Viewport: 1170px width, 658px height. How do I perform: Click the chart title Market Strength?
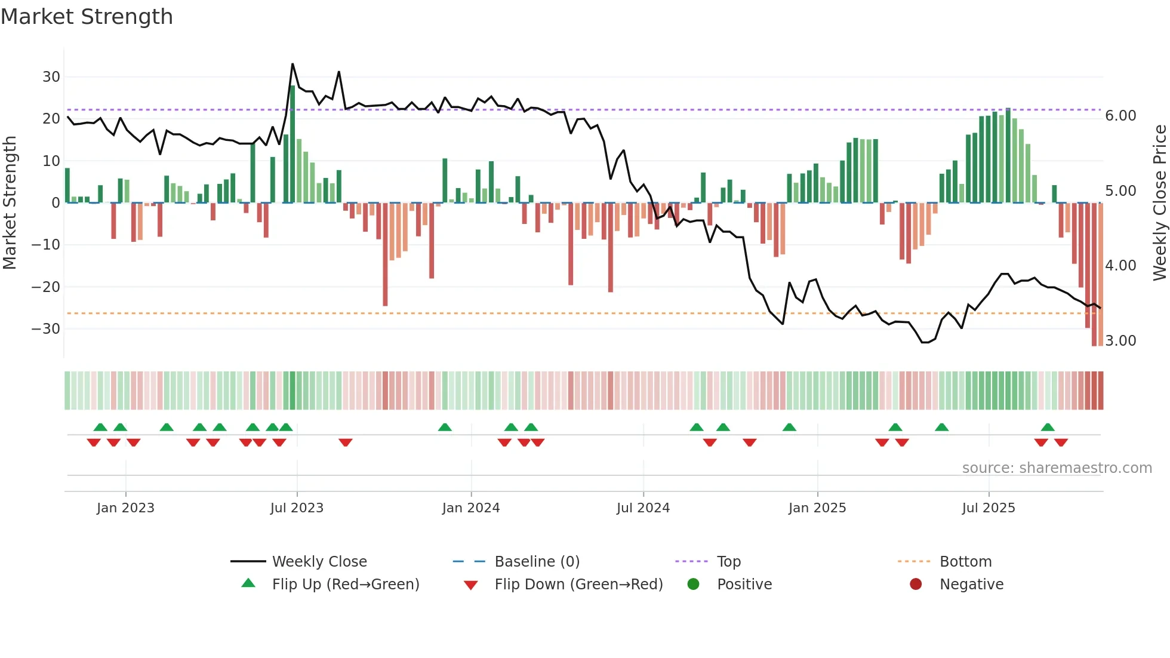(x=87, y=17)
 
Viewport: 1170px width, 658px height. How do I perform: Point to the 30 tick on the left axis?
(x=51, y=77)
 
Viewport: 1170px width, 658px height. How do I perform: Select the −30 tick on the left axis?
(x=46, y=329)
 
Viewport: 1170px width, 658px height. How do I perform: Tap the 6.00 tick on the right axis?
(x=1120, y=116)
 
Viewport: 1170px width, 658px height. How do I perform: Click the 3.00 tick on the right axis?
(x=1120, y=341)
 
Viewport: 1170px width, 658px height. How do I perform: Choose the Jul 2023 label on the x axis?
(x=297, y=508)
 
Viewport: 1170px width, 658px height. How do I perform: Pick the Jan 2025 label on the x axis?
(x=817, y=508)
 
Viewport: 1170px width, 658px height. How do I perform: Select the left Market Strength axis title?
(x=10, y=202)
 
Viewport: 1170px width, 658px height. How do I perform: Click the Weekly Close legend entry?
(x=319, y=562)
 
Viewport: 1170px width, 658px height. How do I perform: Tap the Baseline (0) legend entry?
(x=537, y=562)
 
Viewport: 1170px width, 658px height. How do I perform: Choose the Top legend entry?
(x=728, y=562)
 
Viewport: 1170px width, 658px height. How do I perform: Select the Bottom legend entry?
(x=965, y=562)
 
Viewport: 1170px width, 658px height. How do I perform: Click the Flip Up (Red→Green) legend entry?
(x=345, y=585)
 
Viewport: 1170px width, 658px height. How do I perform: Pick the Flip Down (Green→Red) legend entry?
(x=578, y=585)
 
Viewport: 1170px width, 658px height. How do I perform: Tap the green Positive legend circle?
(x=693, y=585)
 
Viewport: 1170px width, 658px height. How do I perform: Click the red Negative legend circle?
(x=916, y=585)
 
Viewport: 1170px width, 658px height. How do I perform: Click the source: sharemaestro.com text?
(x=1057, y=468)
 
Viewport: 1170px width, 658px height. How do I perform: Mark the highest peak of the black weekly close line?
(x=292, y=64)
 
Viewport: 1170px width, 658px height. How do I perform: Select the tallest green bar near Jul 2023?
(x=292, y=144)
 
